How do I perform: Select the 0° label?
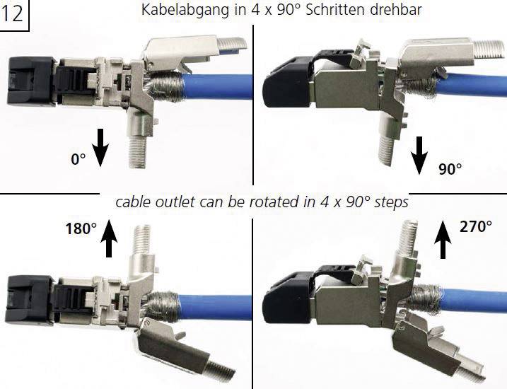tap(78, 159)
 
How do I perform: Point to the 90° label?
tap(450, 169)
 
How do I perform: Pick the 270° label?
tap(476, 226)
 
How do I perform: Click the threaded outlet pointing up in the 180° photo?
tap(140, 240)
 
